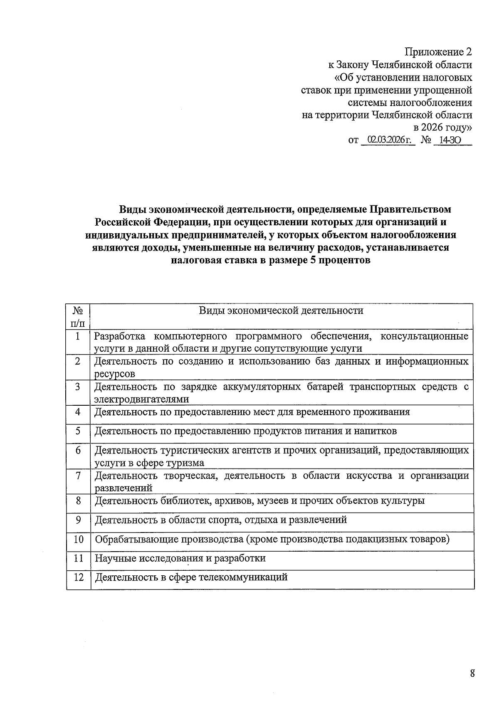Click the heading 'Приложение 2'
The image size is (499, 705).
439,52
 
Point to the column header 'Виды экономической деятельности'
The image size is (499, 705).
281,311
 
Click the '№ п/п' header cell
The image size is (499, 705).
78,317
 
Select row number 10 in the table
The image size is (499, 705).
78,539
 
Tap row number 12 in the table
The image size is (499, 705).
78,577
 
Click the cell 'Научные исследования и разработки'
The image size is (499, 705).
180,558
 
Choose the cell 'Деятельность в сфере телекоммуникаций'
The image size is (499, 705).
191,577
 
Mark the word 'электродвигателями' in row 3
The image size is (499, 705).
141,399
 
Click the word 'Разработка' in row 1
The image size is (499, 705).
120,336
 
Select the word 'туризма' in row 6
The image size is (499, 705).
185,463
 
